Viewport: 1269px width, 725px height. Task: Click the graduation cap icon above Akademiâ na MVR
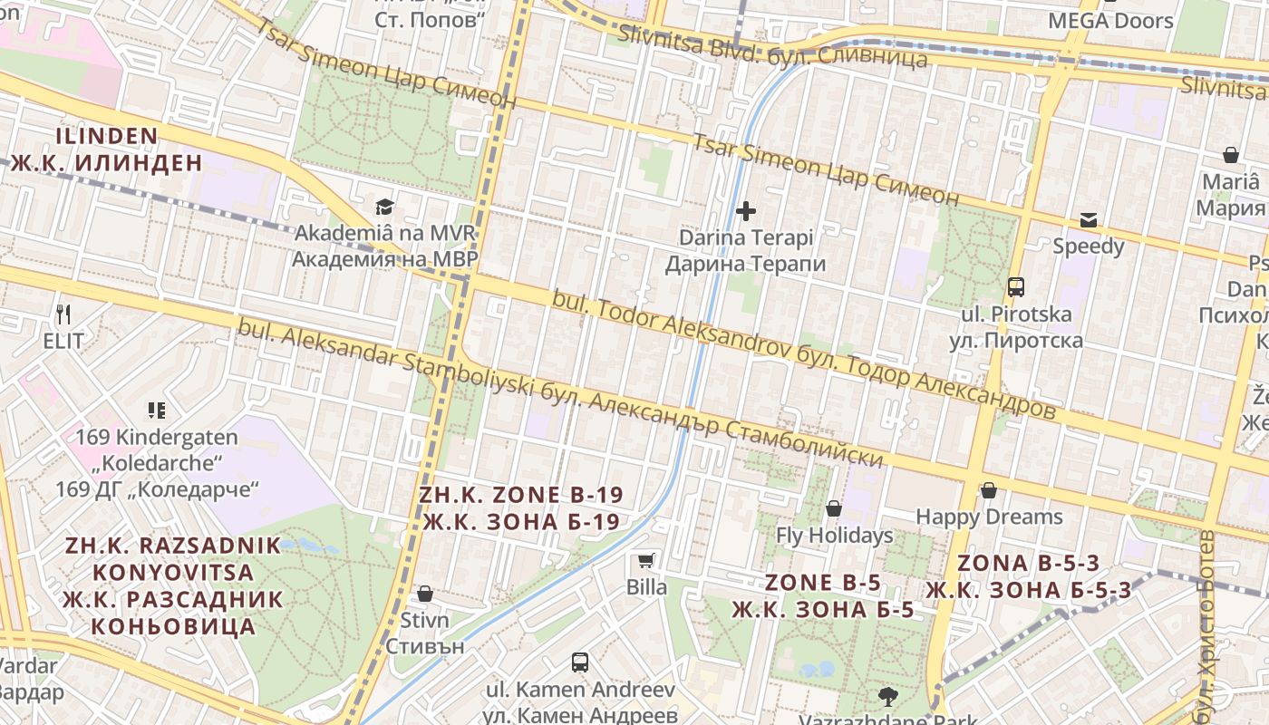pos(385,208)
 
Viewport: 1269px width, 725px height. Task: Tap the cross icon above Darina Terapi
pos(746,211)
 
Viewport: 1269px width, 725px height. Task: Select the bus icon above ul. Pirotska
pos(1016,287)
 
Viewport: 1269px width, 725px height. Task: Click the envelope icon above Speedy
pos(1088,219)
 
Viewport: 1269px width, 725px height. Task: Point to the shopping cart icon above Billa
pos(646,560)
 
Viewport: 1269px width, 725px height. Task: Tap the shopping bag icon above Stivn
pos(424,594)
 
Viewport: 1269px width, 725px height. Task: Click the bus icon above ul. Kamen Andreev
pos(580,662)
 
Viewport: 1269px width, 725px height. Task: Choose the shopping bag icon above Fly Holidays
pos(834,508)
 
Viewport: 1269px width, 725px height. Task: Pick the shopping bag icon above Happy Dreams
pos(989,490)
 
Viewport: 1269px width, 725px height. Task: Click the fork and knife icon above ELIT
pos(63,314)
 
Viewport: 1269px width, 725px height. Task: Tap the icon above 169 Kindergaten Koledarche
pos(157,411)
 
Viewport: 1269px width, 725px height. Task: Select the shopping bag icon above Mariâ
pos(1231,155)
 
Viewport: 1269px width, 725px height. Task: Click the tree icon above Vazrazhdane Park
pos(887,696)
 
